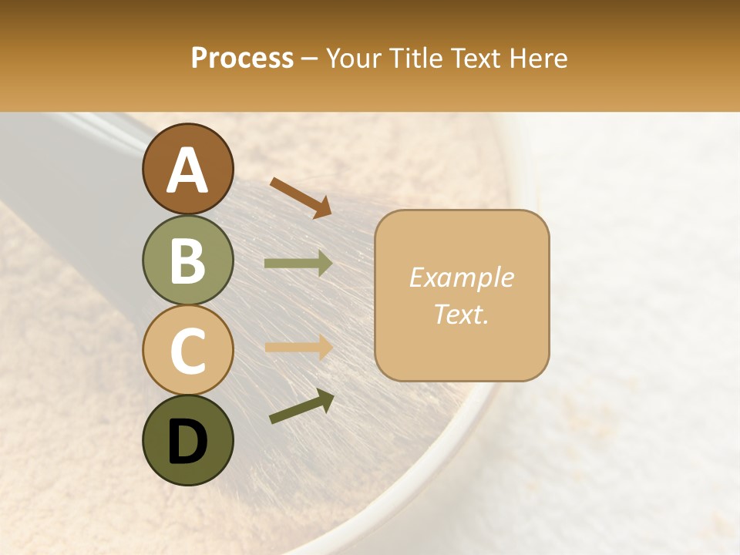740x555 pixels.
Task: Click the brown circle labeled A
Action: (x=187, y=169)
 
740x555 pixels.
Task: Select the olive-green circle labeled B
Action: (x=187, y=260)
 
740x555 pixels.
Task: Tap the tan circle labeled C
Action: (x=187, y=350)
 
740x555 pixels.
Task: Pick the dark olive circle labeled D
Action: (x=187, y=440)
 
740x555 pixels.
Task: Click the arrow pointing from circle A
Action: (x=300, y=197)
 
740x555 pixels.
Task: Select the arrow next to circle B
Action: (x=298, y=264)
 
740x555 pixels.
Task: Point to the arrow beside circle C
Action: (x=298, y=347)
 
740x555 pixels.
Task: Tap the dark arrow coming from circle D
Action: (x=301, y=407)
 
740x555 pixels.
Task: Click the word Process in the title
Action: (x=242, y=58)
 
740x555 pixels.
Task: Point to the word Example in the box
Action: (x=461, y=277)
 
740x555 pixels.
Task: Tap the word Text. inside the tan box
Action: (x=461, y=314)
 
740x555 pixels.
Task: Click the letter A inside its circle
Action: (x=187, y=170)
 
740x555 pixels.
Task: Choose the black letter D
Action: (x=187, y=442)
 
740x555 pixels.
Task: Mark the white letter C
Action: (x=187, y=351)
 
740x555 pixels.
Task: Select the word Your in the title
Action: (x=351, y=58)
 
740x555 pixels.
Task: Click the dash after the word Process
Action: (x=309, y=59)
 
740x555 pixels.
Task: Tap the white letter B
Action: (x=187, y=261)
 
